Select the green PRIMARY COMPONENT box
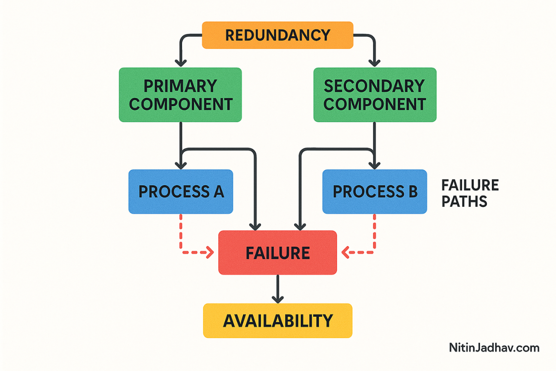tap(180, 95)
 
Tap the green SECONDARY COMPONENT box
tap(374, 95)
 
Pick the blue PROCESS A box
tap(181, 192)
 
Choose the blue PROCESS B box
tap(374, 192)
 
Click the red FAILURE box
tap(278, 253)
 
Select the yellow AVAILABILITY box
tap(278, 320)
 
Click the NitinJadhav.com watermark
tap(494, 348)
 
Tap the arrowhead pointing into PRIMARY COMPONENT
tap(181, 62)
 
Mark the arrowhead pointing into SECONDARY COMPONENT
tap(375, 62)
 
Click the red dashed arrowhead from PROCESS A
tap(209, 253)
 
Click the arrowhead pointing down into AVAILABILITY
tap(278, 298)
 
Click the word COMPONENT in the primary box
tap(180, 104)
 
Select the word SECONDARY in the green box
tap(374, 86)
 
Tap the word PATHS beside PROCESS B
tap(464, 202)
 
